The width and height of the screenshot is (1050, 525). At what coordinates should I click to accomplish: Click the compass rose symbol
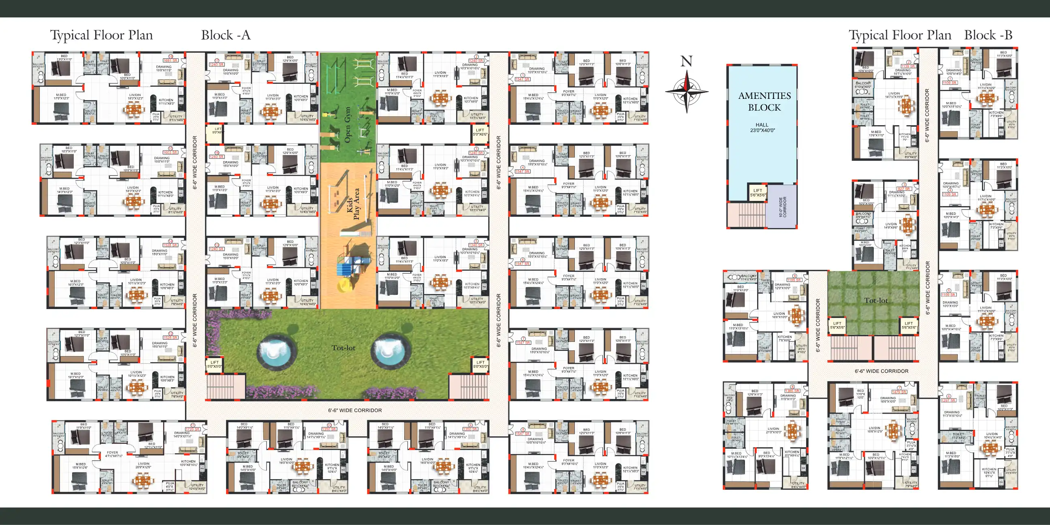pyautogui.click(x=687, y=91)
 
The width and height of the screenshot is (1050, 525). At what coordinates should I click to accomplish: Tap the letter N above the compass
pyautogui.click(x=686, y=62)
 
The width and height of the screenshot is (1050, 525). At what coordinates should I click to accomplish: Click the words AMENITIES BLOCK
pyautogui.click(x=764, y=102)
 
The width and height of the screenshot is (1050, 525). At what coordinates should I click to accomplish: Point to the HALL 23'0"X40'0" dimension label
pyautogui.click(x=762, y=128)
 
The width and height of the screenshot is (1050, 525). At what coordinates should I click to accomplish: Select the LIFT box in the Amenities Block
pyautogui.click(x=758, y=192)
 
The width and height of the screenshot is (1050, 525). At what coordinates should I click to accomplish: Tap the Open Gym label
pyautogui.click(x=347, y=125)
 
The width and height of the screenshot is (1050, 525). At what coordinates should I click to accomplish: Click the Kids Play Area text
pyautogui.click(x=353, y=204)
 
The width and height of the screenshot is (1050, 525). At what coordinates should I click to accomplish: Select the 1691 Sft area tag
pyautogui.click(x=171, y=60)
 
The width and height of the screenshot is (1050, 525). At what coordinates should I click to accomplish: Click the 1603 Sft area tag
pyautogui.click(x=171, y=152)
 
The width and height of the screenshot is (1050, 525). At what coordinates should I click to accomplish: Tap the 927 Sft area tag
pyautogui.click(x=904, y=189)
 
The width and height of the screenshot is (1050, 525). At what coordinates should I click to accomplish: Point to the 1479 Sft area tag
pyautogui.click(x=899, y=392)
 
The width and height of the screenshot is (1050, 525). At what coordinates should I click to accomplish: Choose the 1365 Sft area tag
pyautogui.click(x=792, y=391)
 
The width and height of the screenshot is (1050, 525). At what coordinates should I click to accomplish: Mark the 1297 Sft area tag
pyautogui.click(x=948, y=400)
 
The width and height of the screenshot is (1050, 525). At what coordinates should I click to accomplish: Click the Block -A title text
pyautogui.click(x=225, y=35)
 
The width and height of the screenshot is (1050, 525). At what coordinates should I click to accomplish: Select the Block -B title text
pyautogui.click(x=988, y=35)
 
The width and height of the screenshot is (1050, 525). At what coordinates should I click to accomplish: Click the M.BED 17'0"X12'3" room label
pyautogui.click(x=62, y=96)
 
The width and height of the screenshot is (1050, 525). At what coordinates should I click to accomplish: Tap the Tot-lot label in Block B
pyautogui.click(x=875, y=301)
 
